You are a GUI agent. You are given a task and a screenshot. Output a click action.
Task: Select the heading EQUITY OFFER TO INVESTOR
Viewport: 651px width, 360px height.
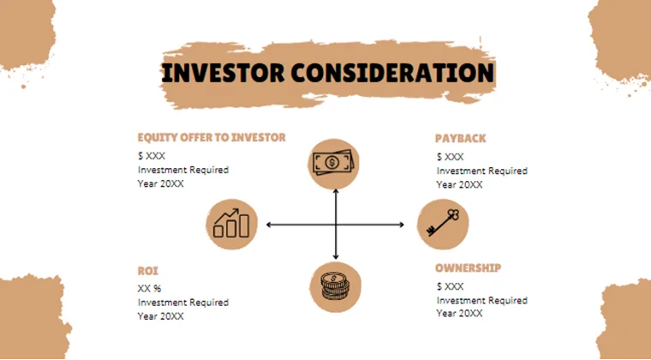[212, 137]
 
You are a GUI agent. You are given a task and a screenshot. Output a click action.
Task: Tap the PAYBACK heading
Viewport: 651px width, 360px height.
[460, 138]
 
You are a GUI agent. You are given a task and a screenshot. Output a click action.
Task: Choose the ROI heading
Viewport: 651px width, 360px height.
[148, 270]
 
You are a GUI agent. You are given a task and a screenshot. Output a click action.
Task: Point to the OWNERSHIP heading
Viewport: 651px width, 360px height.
[468, 267]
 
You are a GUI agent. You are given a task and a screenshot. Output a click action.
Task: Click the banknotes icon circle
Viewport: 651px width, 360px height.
[335, 163]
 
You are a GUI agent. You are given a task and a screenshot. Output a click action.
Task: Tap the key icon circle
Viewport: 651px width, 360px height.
[443, 225]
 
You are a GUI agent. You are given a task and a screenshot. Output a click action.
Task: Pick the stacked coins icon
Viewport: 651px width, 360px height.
[335, 285]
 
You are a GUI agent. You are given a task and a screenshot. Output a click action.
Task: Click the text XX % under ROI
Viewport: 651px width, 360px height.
[150, 289]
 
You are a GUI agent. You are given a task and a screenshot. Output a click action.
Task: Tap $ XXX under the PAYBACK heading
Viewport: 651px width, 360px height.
[450, 157]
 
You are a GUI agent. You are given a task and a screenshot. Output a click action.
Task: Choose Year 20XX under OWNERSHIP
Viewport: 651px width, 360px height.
[459, 314]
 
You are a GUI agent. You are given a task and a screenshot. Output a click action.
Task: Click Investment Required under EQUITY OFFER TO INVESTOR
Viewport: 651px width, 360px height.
[183, 170]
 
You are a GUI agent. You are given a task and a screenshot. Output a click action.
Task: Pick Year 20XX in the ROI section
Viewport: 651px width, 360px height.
[161, 316]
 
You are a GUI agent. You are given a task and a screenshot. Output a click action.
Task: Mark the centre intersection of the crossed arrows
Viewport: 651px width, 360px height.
[335, 225]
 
